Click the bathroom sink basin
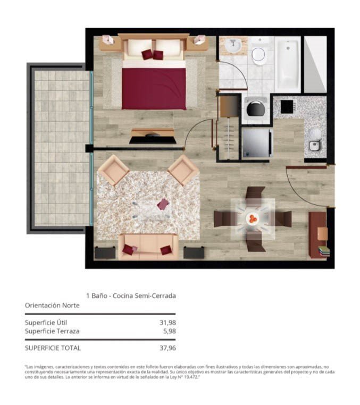coord(233,46)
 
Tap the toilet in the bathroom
coord(258,52)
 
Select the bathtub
coord(288,64)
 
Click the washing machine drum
coord(256,109)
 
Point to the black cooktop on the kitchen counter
coord(287,107)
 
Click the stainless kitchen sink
coord(315,146)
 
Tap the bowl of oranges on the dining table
coord(252,219)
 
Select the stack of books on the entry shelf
coord(324,251)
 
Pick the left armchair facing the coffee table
coord(113,170)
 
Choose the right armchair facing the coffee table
coord(183,170)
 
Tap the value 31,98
coord(168,322)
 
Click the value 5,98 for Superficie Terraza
coord(170,331)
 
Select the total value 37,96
coord(168,348)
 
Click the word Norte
coord(71,305)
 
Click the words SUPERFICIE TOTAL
coord(53,348)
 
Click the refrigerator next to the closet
coord(257,142)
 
